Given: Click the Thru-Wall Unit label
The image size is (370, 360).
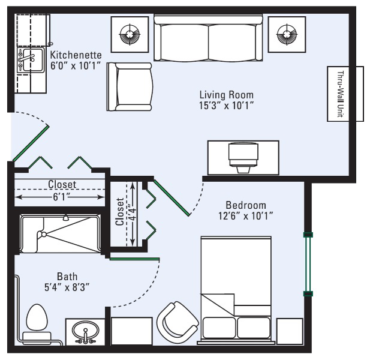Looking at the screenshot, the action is pyautogui.click(x=340, y=94).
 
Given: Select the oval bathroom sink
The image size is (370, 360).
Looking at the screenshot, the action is pyautogui.click(x=85, y=331).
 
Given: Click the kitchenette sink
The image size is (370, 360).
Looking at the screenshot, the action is pyautogui.click(x=31, y=60).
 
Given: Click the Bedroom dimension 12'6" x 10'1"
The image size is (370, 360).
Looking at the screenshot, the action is pyautogui.click(x=246, y=216).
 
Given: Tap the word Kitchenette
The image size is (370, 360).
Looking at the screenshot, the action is pyautogui.click(x=76, y=55).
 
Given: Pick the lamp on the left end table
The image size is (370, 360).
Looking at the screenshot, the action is pyautogui.click(x=130, y=34).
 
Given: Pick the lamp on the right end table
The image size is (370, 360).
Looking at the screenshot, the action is pyautogui.click(x=287, y=34).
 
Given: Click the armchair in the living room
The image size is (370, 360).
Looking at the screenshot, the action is pyautogui.click(x=130, y=86).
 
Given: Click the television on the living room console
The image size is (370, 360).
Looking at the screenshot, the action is pyautogui.click(x=243, y=157).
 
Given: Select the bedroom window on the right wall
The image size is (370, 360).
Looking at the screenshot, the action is pyautogui.click(x=308, y=264).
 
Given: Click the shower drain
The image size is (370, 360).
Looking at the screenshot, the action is pyautogui.click(x=44, y=235).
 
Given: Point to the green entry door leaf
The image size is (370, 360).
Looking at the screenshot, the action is pyautogui.click(x=31, y=143).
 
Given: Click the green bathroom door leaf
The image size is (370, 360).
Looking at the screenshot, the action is pyautogui.click(x=134, y=259).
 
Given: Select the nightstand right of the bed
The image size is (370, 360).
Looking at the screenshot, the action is pyautogui.click(x=290, y=331).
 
